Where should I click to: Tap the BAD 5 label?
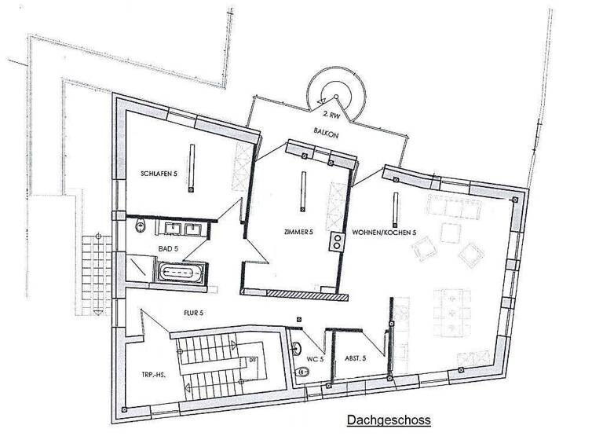[169, 248]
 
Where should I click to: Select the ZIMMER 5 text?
[299, 233]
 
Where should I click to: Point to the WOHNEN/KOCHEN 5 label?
[384, 233]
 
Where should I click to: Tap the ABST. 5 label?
[356, 358]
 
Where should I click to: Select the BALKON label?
[327, 134]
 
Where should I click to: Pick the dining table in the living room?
[453, 308]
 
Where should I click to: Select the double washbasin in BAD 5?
[182, 229]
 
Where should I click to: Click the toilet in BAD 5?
[141, 226]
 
